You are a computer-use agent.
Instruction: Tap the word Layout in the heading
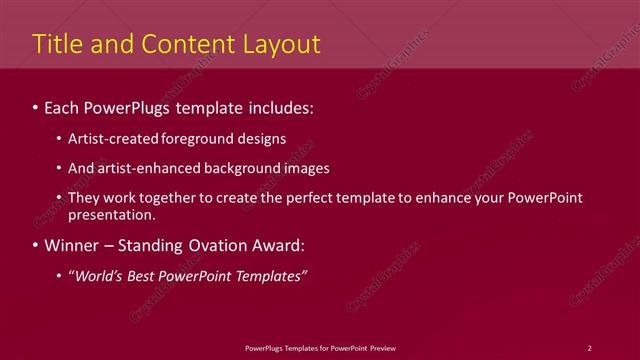[276, 44]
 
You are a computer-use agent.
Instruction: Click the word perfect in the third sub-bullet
[327, 198]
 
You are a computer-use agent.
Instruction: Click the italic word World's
[98, 275]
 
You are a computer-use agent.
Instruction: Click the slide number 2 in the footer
[589, 347]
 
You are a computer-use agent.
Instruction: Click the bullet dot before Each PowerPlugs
[37, 105]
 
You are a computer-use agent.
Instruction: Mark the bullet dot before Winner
[37, 245]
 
